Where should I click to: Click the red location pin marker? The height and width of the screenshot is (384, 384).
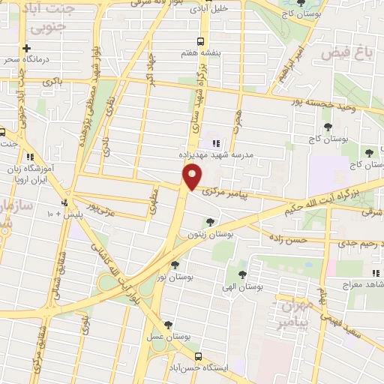pos(192,177)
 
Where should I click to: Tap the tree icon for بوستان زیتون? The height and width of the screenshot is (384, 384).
pos(209,221)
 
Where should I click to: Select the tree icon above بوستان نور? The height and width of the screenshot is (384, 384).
pos(175,264)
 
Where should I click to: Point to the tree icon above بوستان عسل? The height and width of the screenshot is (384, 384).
pos(168,324)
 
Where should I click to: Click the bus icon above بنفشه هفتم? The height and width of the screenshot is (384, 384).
pos(199,42)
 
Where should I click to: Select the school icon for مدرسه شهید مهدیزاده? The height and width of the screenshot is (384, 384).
pos(216,143)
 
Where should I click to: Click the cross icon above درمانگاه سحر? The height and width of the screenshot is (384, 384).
pos(27,47)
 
